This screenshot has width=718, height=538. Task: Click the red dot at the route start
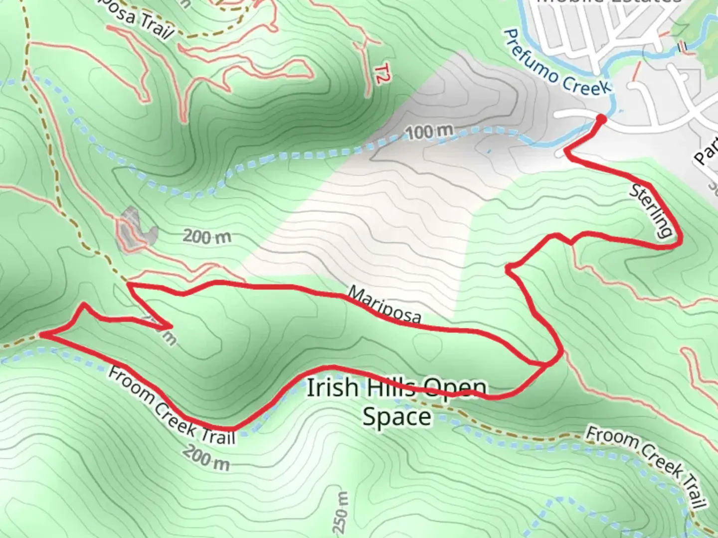pyautogui.click(x=601, y=119)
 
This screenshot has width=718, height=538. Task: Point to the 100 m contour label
pyautogui.click(x=430, y=132)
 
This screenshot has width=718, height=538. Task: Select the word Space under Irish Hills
pyautogui.click(x=396, y=416)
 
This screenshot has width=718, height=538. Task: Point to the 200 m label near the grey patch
pyautogui.click(x=207, y=236)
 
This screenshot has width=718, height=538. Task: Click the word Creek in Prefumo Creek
pyautogui.click(x=585, y=82)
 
